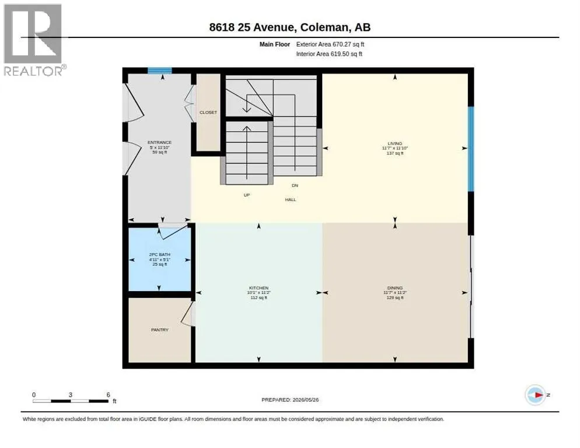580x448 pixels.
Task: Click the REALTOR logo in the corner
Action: point(33,40)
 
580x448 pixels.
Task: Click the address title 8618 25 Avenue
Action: point(251,27)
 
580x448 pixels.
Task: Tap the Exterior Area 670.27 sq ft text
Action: point(330,44)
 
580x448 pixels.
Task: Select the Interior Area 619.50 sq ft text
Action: point(329,54)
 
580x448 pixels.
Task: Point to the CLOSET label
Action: point(208,113)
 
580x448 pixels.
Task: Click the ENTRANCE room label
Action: point(159,142)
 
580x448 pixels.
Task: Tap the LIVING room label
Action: point(394,143)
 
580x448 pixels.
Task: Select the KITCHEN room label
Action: point(258,288)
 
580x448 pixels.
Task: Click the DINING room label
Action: point(395,288)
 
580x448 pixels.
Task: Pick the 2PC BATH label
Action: point(159,254)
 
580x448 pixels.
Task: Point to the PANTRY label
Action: point(160,330)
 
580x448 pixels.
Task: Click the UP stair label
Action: point(247,195)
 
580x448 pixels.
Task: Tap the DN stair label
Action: point(295,185)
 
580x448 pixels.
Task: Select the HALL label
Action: point(291,199)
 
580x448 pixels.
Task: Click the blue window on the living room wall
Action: point(471,149)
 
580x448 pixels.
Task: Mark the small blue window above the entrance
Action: point(160,71)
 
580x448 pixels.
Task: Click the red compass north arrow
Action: point(539,395)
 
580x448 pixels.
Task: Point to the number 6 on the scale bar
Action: point(109,395)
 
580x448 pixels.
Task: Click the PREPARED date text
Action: point(290,400)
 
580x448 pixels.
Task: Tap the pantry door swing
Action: point(188,314)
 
